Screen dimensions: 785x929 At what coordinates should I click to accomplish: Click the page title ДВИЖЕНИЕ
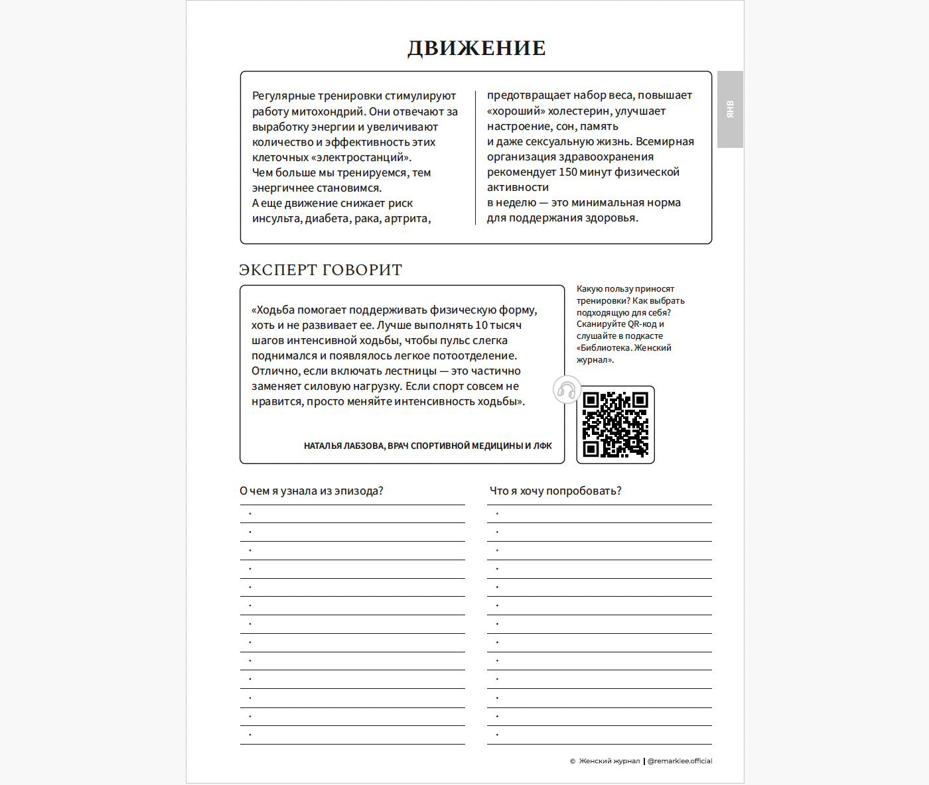(476, 48)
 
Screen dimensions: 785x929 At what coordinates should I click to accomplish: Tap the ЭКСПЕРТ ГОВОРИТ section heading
(321, 270)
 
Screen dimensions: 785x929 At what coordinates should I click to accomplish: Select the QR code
(615, 425)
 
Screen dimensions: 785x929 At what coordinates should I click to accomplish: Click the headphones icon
(567, 390)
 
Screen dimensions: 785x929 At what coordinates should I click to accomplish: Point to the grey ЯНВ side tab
(730, 109)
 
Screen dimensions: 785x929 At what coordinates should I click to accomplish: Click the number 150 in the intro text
(568, 172)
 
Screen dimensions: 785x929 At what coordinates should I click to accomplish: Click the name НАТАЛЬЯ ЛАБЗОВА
(343, 446)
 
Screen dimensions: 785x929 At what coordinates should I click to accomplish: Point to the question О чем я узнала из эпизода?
(311, 491)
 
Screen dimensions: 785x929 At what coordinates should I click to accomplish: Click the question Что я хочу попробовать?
(555, 491)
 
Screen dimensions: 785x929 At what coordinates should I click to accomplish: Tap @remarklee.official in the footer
(679, 761)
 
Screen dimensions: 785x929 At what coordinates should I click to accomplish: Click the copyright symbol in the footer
(573, 761)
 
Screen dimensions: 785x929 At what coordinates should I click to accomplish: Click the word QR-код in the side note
(642, 324)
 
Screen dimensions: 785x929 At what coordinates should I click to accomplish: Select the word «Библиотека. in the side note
(604, 348)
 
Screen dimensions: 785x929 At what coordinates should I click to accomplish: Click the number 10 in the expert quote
(481, 326)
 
